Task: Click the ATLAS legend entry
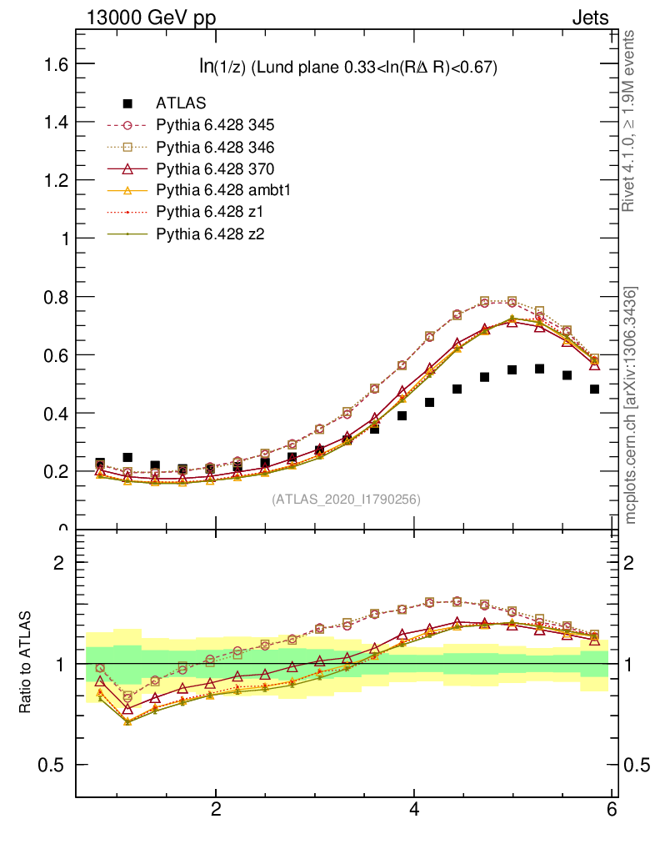pos(181,103)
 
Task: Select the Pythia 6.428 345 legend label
pos(215,125)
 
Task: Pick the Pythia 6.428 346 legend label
pos(215,147)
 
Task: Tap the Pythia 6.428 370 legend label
pos(215,168)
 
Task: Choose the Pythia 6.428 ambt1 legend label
pos(222,190)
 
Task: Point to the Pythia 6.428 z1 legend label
pos(209,212)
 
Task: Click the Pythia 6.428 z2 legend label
pos(209,234)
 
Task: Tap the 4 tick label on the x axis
pos(414,810)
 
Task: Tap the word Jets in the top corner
pos(590,18)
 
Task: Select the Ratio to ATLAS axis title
pos(27,663)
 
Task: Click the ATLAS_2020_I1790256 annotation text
pos(346,500)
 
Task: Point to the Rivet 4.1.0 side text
pos(631,121)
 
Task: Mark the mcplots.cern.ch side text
pos(631,405)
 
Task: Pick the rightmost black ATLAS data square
pos(595,389)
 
